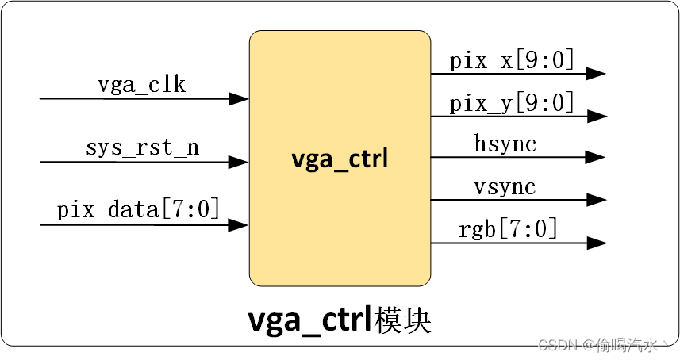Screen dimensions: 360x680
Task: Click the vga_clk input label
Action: pos(141,85)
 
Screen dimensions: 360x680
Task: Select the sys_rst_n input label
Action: pos(142,147)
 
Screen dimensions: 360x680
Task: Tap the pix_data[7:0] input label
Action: pos(138,210)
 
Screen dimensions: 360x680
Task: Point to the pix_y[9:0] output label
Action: pos(512,102)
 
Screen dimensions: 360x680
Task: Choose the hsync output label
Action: pos(505,144)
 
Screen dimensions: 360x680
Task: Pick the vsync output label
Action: pos(505,187)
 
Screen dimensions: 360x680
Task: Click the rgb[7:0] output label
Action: pos(508,230)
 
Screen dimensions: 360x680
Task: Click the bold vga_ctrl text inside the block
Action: pos(340,159)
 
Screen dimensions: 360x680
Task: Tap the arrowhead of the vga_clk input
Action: pos(239,99)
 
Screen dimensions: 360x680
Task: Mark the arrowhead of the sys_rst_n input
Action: pos(239,162)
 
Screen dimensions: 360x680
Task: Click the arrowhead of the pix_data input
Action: pos(239,225)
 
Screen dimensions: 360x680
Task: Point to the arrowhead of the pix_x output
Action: pos(597,74)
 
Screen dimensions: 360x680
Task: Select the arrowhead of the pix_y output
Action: pos(597,117)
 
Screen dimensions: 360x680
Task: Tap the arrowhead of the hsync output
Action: pos(597,158)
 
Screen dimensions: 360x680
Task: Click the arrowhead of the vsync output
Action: pos(597,200)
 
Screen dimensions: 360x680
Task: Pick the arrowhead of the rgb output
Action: pos(597,243)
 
